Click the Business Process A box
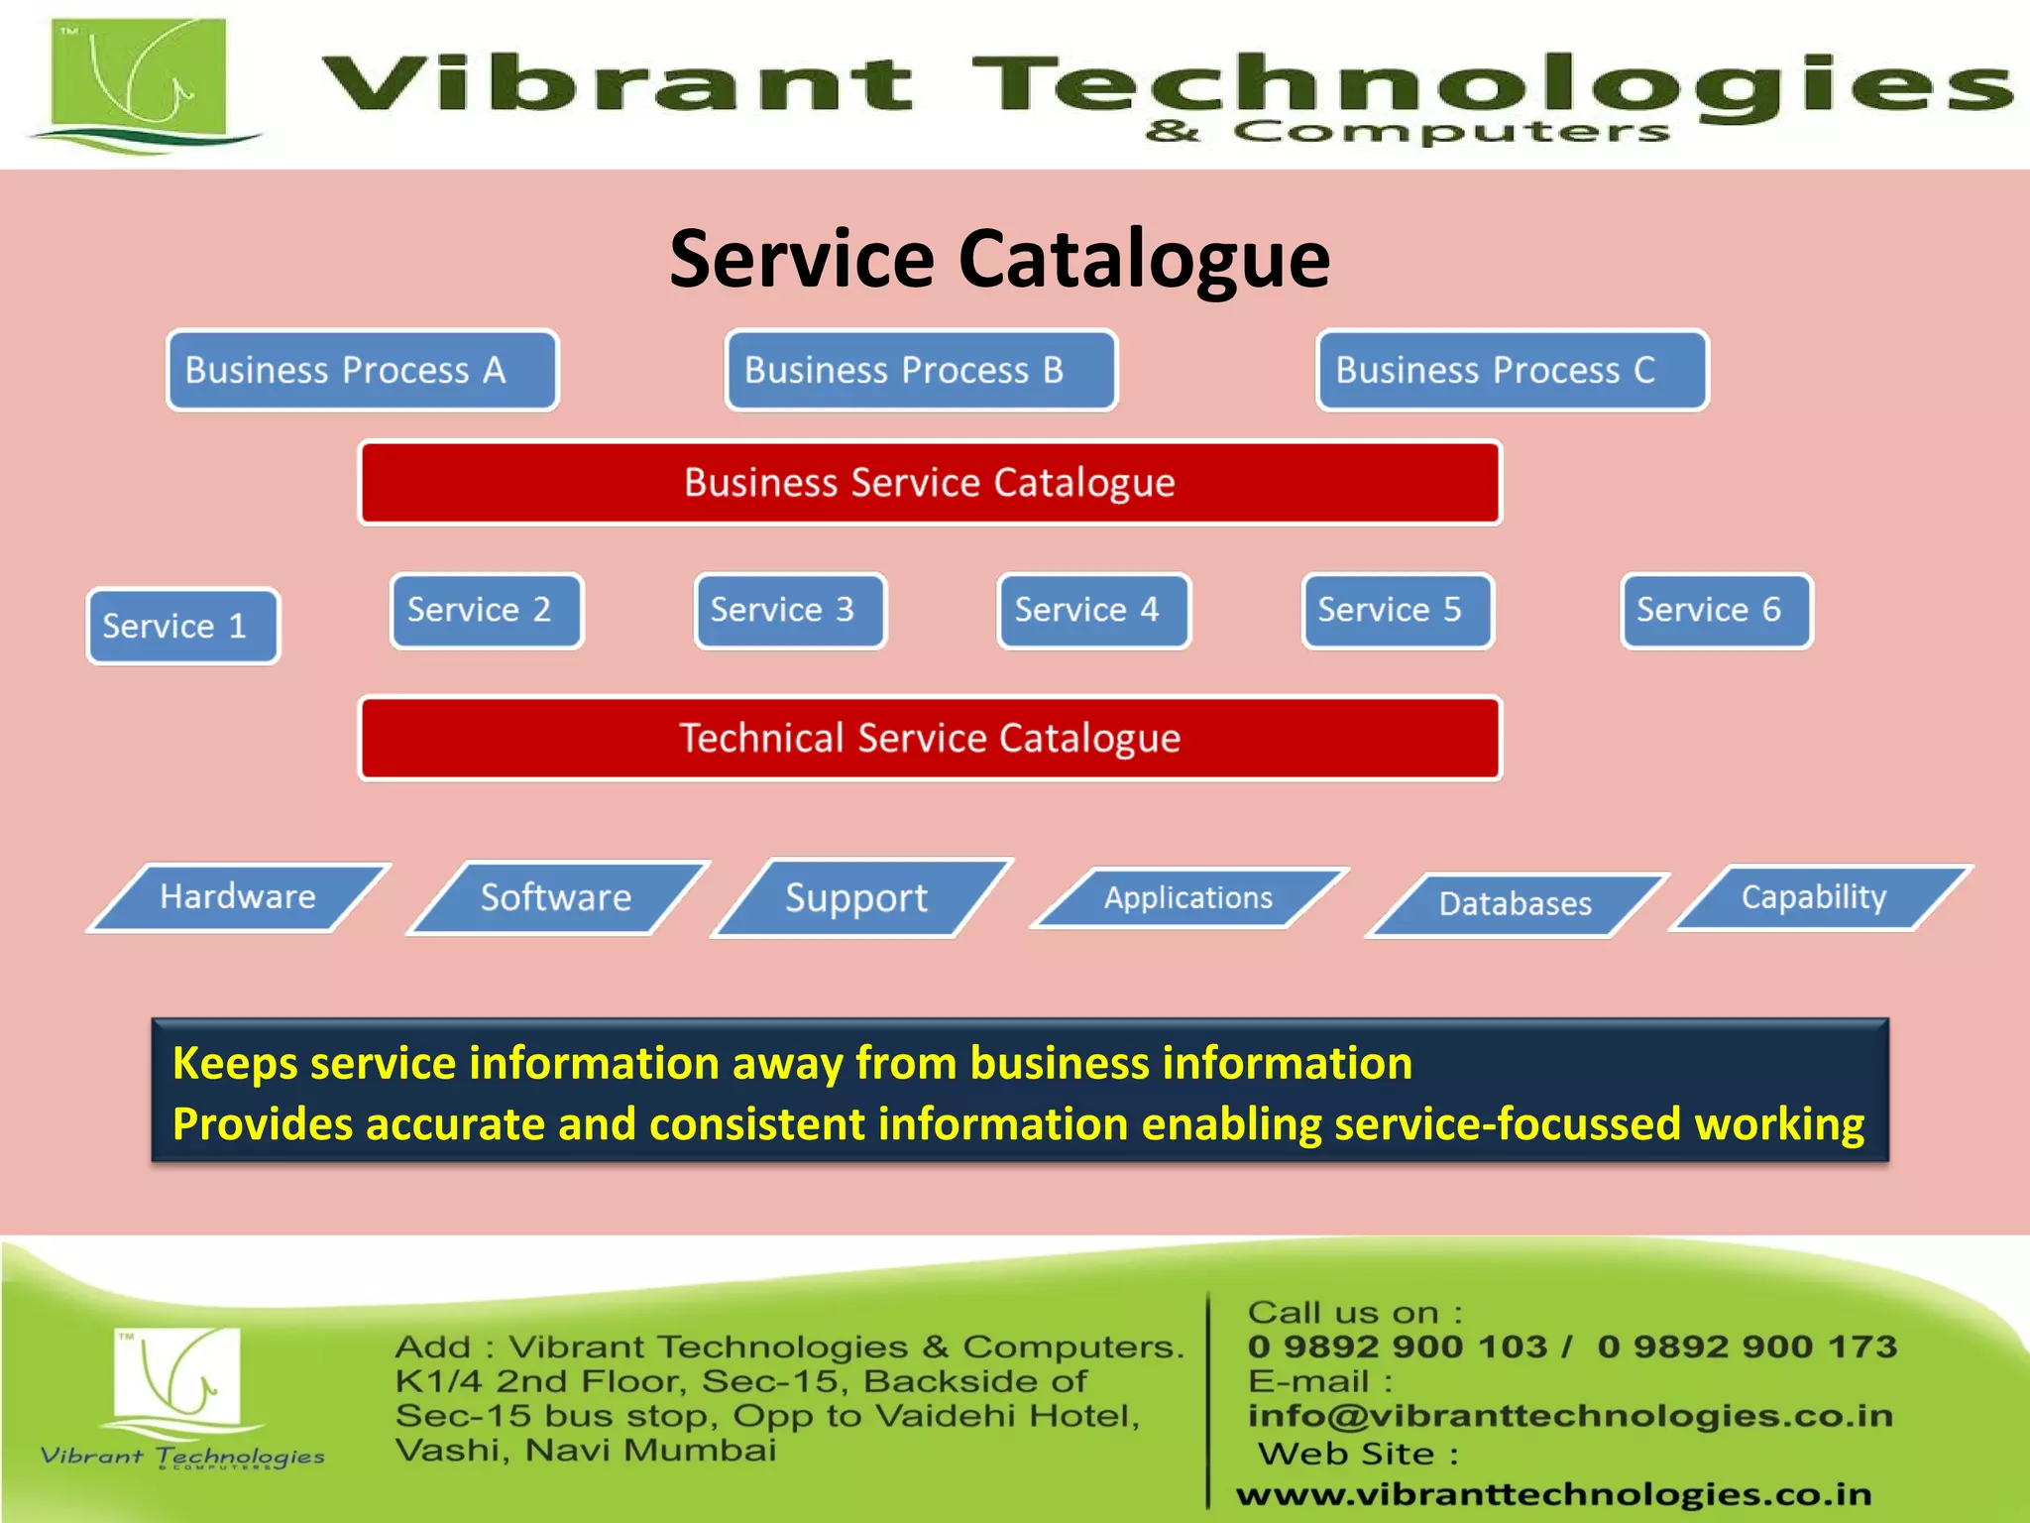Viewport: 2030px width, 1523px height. tap(363, 371)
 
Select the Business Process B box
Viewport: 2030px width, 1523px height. tap(921, 371)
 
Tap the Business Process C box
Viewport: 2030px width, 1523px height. tap(1513, 371)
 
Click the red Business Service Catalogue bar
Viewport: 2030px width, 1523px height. tap(930, 483)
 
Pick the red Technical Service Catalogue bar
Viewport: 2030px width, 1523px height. tap(930, 739)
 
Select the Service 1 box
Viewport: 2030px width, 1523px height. tap(183, 627)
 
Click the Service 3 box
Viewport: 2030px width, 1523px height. tap(790, 611)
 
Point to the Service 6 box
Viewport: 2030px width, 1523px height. tap(1717, 611)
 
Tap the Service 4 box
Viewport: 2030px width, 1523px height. tap(1093, 611)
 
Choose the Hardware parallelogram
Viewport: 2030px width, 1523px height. tap(238, 897)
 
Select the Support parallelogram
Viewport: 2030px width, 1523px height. tap(858, 898)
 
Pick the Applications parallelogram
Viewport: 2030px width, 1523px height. tap(1188, 898)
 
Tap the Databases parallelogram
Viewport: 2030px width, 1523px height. tap(1516, 904)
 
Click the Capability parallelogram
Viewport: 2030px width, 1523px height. tap(1816, 897)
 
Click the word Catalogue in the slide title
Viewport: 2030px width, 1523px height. tap(1144, 260)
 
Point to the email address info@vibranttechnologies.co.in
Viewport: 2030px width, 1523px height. tap(1570, 1416)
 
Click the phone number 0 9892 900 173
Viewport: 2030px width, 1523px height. tap(1747, 1347)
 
